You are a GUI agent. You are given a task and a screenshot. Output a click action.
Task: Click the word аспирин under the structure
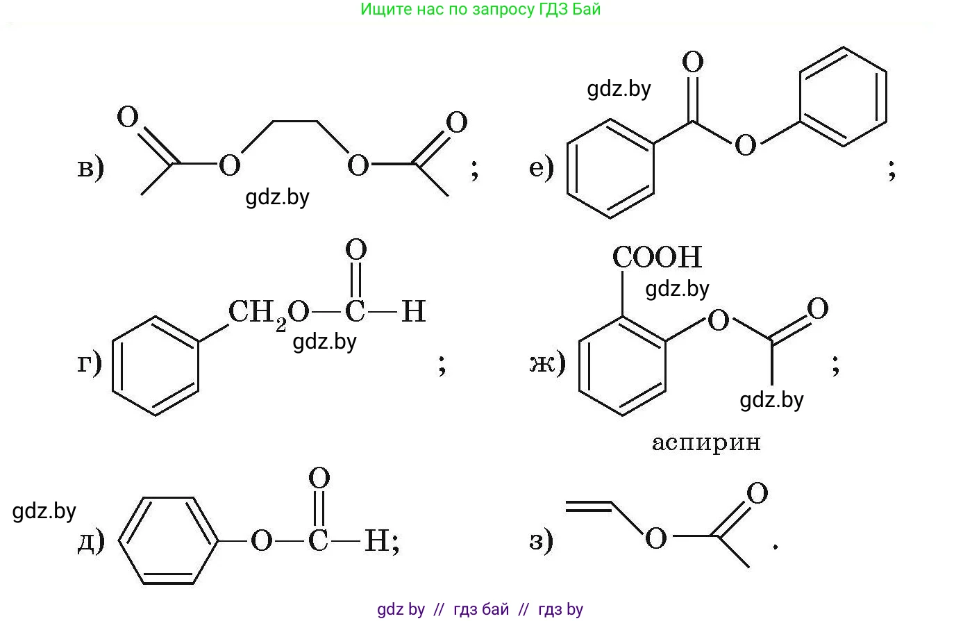(706, 442)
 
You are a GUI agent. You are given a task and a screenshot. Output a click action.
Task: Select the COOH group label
(657, 258)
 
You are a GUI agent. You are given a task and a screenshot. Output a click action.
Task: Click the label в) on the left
(90, 168)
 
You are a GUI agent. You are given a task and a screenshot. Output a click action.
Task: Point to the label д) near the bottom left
(90, 540)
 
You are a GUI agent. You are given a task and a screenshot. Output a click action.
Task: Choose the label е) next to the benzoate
(542, 167)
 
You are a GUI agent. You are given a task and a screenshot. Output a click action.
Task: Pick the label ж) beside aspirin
(547, 362)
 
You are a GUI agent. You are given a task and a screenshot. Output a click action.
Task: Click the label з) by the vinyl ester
(542, 540)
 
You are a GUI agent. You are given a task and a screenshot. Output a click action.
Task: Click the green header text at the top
(480, 10)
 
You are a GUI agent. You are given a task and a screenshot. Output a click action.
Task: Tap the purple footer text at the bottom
(480, 610)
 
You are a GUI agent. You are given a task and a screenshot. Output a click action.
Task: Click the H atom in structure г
(413, 312)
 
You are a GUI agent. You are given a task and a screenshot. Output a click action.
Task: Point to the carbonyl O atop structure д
(319, 479)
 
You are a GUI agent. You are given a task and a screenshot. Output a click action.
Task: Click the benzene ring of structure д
(169, 540)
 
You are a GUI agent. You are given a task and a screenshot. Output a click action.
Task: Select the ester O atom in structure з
(655, 538)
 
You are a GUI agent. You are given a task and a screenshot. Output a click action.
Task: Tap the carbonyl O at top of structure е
(692, 63)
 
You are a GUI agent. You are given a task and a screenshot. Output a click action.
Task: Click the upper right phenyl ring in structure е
(843, 97)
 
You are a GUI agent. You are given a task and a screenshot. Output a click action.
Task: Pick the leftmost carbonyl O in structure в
(128, 117)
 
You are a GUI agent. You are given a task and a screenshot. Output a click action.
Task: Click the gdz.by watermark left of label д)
(44, 512)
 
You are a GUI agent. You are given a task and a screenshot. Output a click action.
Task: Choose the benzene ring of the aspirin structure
(622, 366)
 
